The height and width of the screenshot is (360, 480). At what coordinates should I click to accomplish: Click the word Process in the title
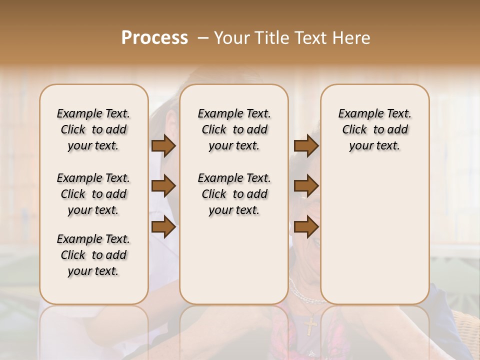pos(154,38)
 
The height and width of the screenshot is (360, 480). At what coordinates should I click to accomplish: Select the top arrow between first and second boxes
pos(163,146)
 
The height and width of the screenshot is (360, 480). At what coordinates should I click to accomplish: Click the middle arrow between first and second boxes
pos(163,186)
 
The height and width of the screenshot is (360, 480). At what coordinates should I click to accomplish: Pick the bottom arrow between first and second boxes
pos(163,227)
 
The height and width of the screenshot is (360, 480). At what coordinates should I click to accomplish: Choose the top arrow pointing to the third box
pos(306,146)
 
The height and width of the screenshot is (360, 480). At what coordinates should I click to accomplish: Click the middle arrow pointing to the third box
pos(306,186)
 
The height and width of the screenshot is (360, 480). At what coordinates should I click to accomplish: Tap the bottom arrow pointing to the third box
pos(306,227)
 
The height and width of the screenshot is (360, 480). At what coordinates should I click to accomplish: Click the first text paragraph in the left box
pos(93,129)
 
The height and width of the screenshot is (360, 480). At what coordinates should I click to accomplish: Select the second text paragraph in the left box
pos(93,194)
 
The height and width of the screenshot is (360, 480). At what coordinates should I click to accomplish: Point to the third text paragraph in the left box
pos(93,255)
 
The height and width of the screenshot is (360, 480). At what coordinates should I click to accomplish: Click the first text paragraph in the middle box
pos(234,129)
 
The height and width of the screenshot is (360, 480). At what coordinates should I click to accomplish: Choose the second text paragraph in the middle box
pos(234,194)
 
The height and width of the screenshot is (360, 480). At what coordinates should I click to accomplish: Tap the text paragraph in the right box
pos(374,129)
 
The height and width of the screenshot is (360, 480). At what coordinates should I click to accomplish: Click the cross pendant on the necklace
pos(310,325)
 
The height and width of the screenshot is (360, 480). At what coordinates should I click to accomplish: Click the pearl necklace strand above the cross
pos(302,298)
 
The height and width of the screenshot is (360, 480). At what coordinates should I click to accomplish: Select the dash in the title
pos(203,38)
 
